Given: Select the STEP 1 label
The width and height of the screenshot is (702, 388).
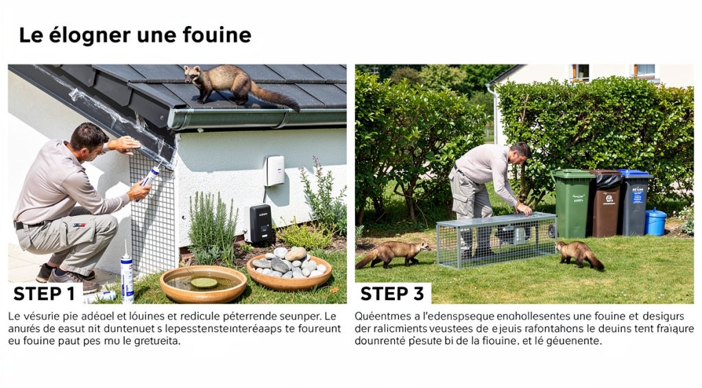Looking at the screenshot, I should point(45,294).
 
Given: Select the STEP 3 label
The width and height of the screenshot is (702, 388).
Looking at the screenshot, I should point(391,294).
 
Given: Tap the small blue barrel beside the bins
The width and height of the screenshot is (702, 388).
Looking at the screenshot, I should point(655,221).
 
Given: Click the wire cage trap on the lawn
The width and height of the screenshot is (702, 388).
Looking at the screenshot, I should point(496,239).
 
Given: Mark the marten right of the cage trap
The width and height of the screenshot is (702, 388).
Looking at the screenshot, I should point(579,254).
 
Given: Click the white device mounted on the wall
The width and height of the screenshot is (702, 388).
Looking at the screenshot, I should point(275,170).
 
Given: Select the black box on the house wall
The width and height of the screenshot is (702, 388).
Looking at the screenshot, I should point(261,223).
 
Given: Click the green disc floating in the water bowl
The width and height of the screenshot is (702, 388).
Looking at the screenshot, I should point(203,282).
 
